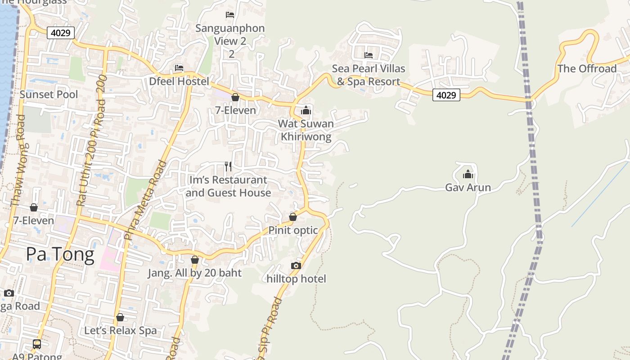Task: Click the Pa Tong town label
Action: click(x=60, y=255)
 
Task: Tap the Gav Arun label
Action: click(x=468, y=187)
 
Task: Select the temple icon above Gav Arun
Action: click(x=468, y=174)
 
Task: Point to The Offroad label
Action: click(x=587, y=69)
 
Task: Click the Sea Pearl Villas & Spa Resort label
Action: click(x=369, y=75)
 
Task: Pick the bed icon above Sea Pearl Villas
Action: click(x=369, y=55)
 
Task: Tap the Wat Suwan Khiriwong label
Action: click(x=306, y=130)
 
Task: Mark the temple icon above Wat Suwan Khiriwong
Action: click(x=306, y=110)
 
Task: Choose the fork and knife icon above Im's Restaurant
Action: click(x=228, y=166)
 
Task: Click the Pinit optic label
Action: click(x=293, y=230)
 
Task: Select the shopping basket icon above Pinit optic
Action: click(x=293, y=217)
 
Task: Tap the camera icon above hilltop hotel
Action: click(x=296, y=265)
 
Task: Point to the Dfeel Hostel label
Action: click(x=179, y=81)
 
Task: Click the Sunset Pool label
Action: click(x=49, y=94)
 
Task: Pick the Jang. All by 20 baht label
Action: click(x=194, y=273)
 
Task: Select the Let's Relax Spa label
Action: click(x=121, y=331)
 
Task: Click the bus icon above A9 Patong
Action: click(x=37, y=344)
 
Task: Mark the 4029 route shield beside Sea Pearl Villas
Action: click(x=446, y=95)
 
